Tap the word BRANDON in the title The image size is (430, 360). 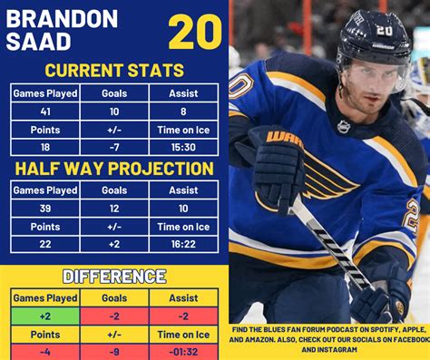point(62,18)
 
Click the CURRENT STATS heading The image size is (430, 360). point(114,71)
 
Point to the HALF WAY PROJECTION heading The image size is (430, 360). point(114,169)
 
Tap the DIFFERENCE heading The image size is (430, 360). point(114,276)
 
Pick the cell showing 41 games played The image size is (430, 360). point(45,111)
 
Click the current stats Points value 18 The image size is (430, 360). point(45,147)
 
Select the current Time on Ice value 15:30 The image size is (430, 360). point(184,147)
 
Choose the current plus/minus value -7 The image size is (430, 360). point(114,147)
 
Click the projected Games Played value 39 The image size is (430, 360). point(45,209)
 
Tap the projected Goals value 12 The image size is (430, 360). point(114,209)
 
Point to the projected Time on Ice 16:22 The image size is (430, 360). point(184,245)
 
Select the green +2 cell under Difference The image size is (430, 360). point(45,316)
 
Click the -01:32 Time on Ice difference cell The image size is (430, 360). point(184,352)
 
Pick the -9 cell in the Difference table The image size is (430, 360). point(114,352)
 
